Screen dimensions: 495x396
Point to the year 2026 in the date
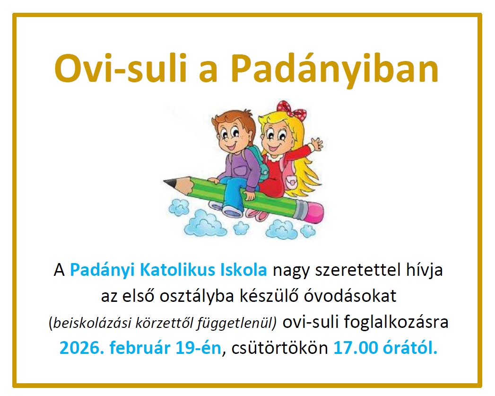[81, 348]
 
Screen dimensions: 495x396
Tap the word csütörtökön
[280, 348]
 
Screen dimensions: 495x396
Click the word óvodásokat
[350, 296]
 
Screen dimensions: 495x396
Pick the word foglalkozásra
[396, 322]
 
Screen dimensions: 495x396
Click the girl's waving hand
[316, 146]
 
